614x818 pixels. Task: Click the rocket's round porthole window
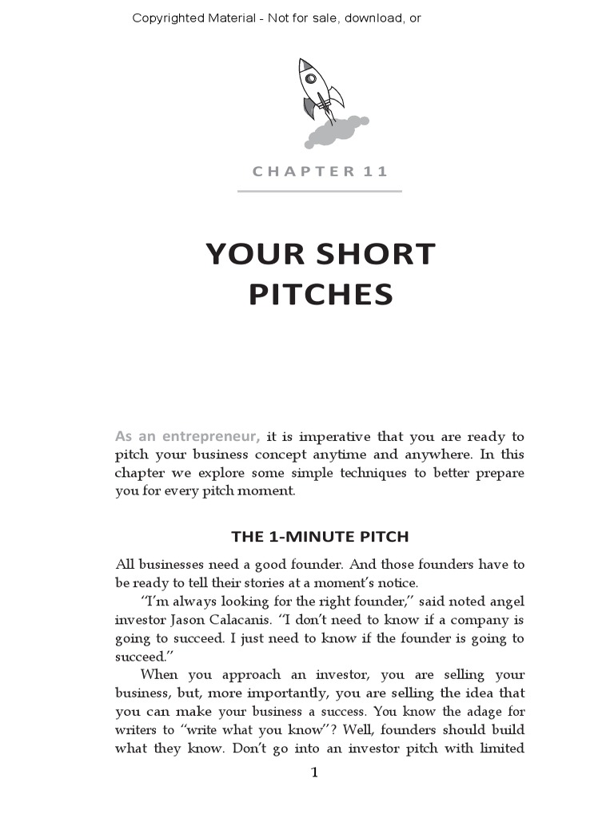click(310, 78)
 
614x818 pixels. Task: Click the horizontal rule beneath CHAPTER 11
click(319, 191)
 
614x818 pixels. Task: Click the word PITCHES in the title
click(321, 295)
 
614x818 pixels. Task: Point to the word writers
click(138, 729)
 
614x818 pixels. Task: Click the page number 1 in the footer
click(314, 772)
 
